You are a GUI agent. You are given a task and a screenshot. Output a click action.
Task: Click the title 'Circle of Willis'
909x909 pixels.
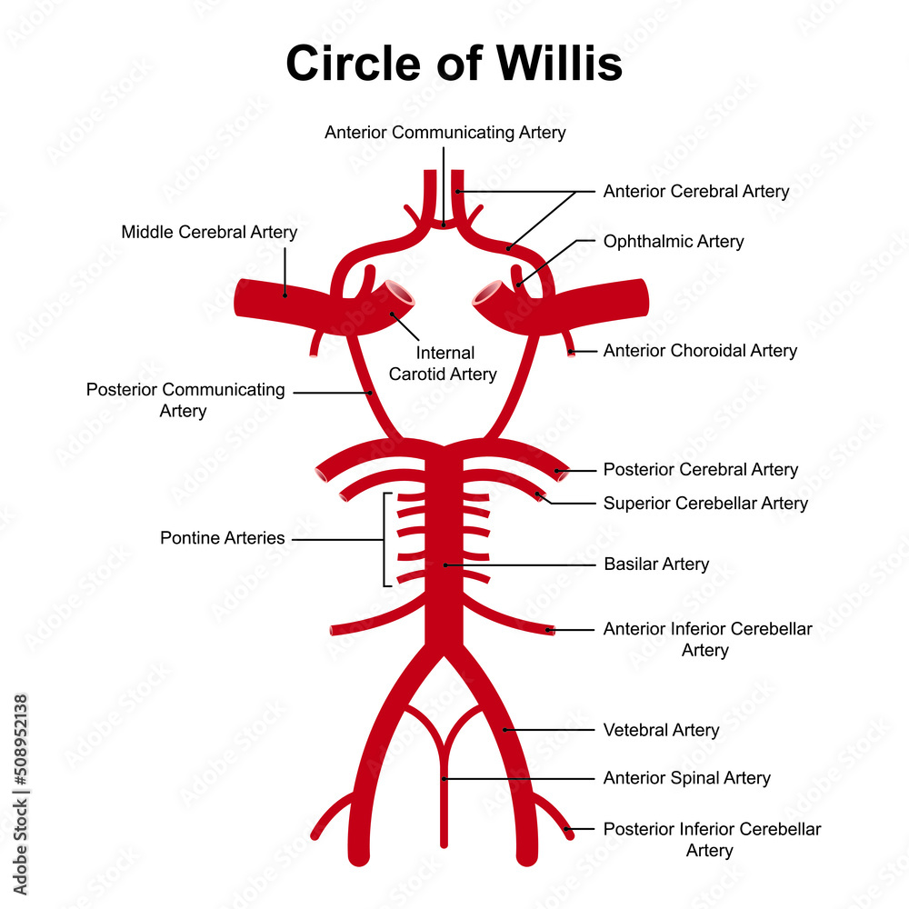tap(454, 65)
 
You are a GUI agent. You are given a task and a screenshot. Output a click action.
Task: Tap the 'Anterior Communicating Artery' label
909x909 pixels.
tap(445, 133)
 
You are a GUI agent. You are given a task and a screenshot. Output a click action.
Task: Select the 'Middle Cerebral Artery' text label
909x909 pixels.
tap(209, 233)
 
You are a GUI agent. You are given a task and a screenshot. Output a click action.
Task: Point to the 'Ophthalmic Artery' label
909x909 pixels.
tap(673, 242)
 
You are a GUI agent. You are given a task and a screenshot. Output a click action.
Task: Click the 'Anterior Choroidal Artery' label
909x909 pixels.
tap(700, 351)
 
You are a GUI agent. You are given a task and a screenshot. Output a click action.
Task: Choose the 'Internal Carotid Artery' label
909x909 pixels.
tap(444, 364)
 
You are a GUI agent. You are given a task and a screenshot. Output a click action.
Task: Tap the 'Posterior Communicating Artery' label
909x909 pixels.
tap(185, 400)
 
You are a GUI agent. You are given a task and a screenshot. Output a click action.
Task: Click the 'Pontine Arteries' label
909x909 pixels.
tap(222, 538)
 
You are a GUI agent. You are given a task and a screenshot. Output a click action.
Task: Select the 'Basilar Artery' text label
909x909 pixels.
tap(656, 564)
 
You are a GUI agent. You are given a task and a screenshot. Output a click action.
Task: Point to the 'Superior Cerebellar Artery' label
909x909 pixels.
tap(705, 503)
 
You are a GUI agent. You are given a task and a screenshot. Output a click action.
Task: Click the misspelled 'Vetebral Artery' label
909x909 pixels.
tap(661, 730)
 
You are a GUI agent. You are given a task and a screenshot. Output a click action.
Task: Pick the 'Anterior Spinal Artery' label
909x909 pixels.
tap(686, 778)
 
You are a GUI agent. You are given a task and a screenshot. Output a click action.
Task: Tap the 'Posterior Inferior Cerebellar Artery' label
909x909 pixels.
tap(711, 840)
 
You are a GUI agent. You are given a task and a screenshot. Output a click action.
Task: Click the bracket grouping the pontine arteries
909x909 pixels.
tap(385, 540)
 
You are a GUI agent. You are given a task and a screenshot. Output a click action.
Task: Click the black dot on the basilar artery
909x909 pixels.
tap(445, 564)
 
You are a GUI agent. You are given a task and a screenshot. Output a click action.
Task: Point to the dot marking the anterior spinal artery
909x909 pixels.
tap(444, 778)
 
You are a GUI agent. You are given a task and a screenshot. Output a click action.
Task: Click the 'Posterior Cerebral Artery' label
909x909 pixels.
tap(700, 470)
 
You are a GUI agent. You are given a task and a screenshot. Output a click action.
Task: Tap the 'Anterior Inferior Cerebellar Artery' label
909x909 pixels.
tap(707, 639)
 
